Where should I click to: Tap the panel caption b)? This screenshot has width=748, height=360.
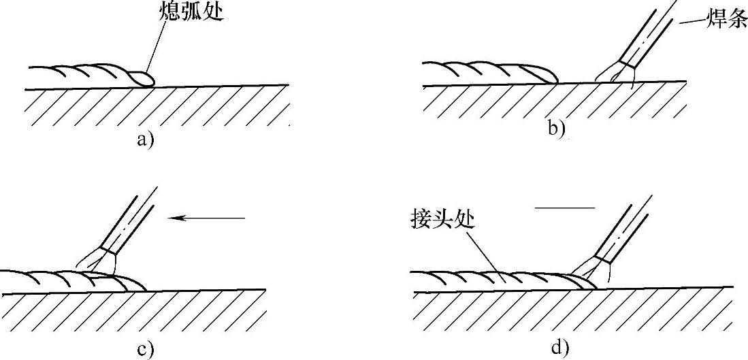point(557,127)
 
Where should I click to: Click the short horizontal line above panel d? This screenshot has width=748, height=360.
point(565,207)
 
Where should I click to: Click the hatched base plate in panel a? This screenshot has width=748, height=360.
point(157,107)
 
